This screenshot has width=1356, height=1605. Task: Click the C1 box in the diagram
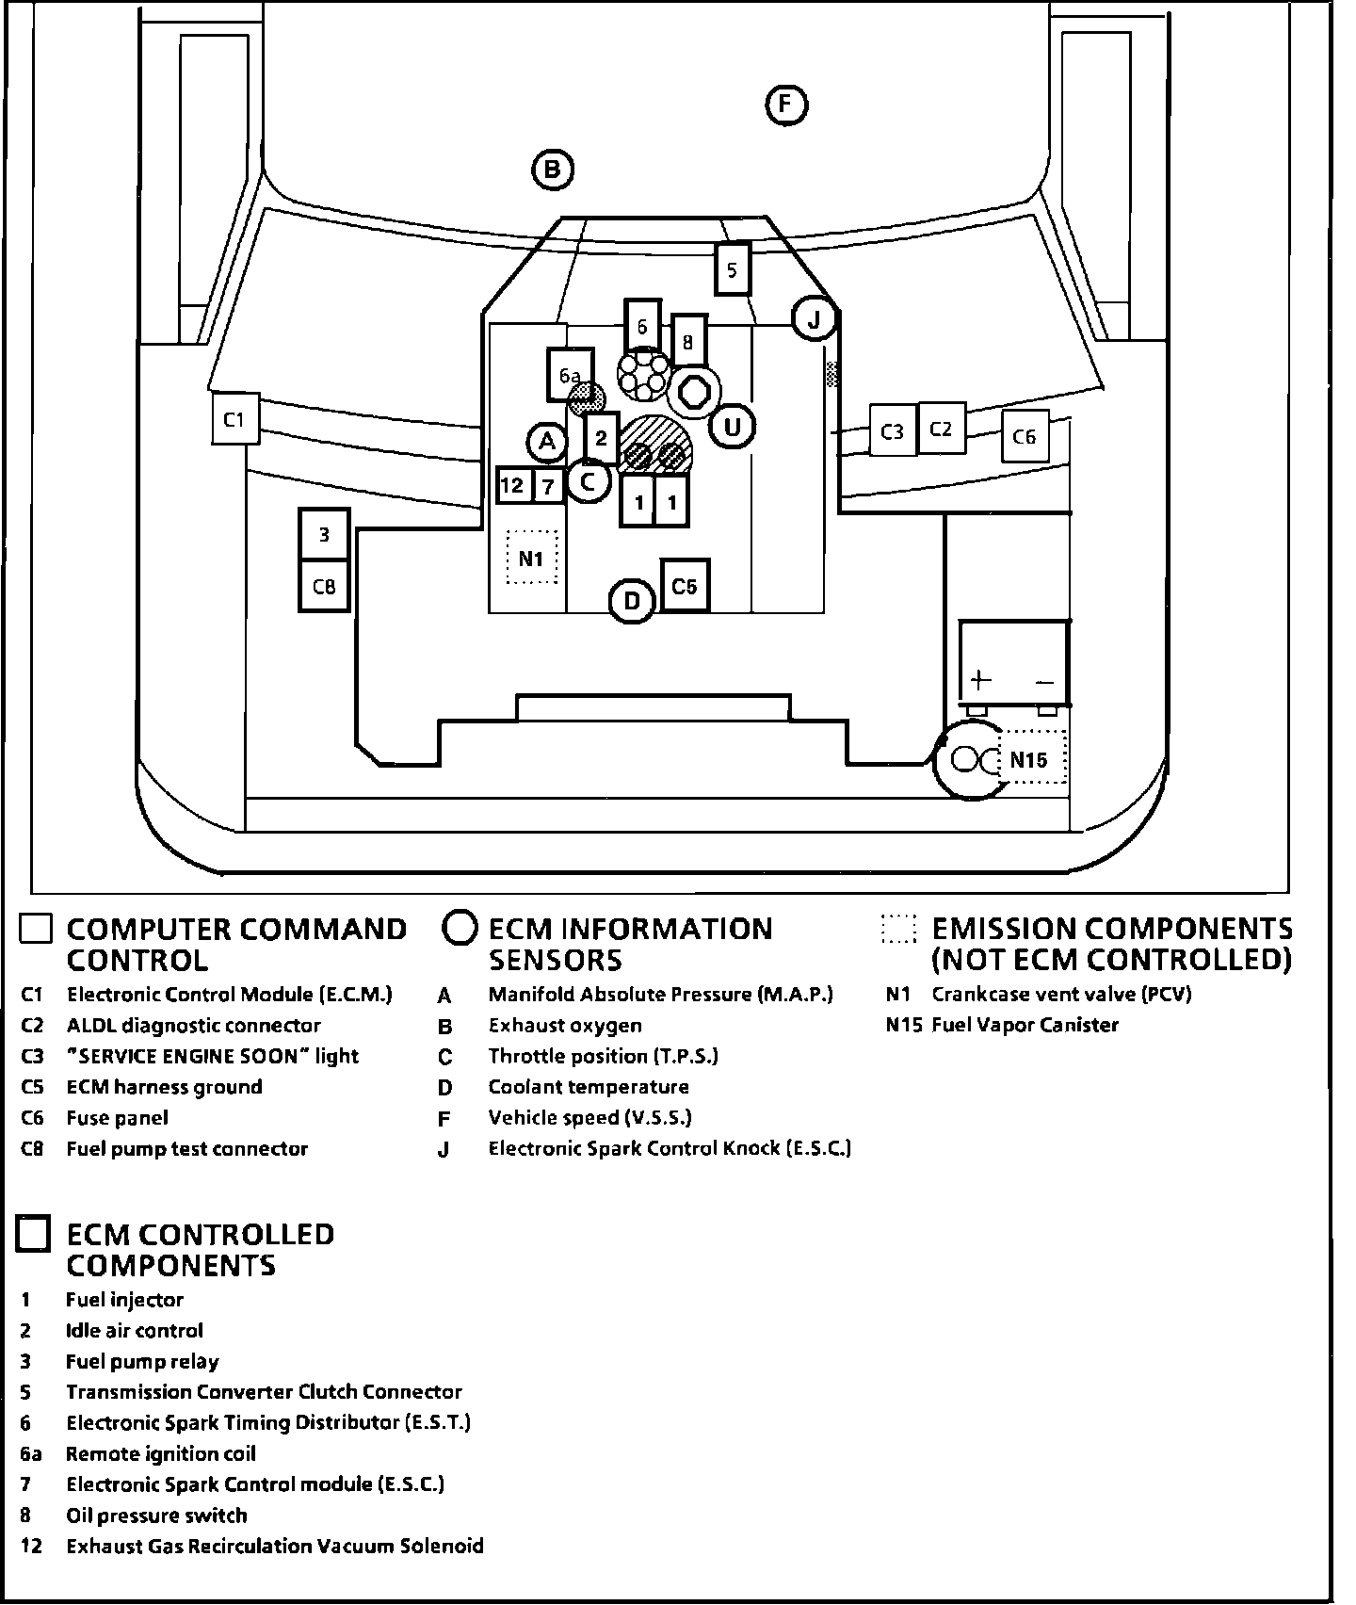(234, 419)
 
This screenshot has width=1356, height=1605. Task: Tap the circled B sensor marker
(552, 170)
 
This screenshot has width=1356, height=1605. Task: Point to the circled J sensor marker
(814, 320)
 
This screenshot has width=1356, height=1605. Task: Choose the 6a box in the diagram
(570, 375)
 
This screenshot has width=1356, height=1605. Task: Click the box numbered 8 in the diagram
(688, 342)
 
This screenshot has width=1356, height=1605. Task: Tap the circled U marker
(732, 428)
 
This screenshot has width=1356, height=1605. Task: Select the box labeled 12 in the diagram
(512, 485)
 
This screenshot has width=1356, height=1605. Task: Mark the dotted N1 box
(532, 558)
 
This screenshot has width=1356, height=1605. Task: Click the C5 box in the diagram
(685, 586)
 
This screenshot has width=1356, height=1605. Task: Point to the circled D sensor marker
(632, 601)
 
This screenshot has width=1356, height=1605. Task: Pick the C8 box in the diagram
(324, 586)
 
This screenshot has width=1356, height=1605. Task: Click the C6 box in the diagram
(1025, 436)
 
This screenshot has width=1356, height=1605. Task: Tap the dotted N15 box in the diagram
(1031, 758)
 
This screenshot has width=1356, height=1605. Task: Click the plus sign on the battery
(980, 679)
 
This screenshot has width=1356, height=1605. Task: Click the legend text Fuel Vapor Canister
(1025, 1025)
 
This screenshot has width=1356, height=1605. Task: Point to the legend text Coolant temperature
(589, 1087)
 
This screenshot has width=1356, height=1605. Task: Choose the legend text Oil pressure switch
(156, 1516)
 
